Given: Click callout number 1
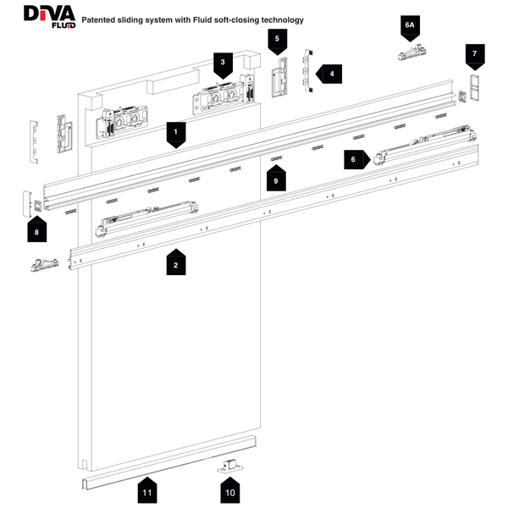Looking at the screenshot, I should click(x=175, y=133).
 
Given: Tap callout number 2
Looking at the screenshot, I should click(x=175, y=263).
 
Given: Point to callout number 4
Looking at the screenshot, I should click(x=330, y=75).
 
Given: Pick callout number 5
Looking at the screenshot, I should click(x=276, y=39).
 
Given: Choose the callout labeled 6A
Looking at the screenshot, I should click(x=409, y=27).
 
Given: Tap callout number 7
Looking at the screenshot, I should click(x=475, y=55).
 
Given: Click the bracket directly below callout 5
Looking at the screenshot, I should click(x=277, y=78).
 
